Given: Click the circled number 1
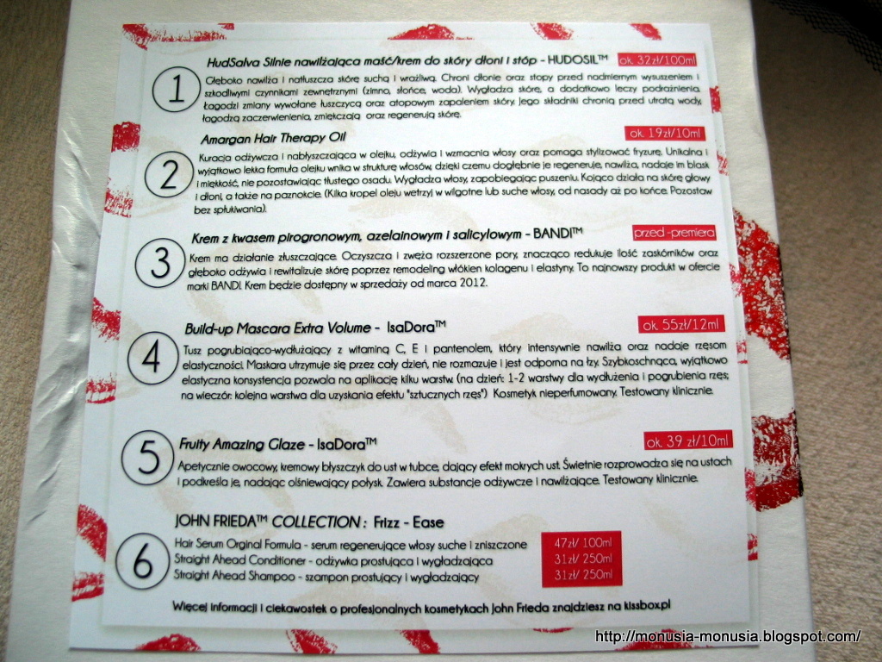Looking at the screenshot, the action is (177, 89).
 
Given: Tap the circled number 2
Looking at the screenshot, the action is (169, 174).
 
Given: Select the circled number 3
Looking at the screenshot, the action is (160, 263).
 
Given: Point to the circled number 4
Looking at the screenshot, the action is (152, 358).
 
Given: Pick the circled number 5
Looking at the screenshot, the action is (147, 458).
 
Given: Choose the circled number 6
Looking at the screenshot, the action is (142, 561).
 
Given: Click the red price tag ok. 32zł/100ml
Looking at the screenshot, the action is (657, 59).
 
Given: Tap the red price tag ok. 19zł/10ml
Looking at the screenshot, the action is (665, 134).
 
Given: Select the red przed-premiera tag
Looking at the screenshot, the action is (674, 232).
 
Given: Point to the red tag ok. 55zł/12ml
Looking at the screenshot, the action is (681, 324).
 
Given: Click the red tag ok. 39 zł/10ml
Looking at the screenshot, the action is (688, 440).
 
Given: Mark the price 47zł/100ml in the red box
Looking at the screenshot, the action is (582, 543).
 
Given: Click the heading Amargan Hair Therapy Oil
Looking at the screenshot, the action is (273, 138).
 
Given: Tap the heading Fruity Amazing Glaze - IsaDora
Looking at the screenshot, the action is (277, 444).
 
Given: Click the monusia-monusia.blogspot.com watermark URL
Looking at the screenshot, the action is (728, 637).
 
